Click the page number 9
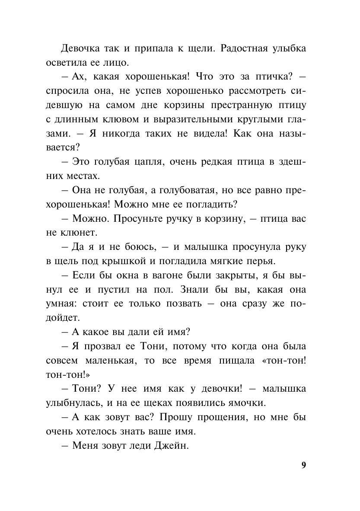pos(303,465)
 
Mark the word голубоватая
pos(183,190)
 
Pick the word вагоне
pos(168,275)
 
